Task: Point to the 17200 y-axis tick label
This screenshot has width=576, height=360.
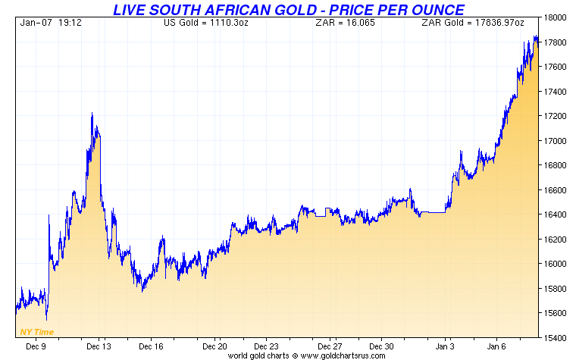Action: [559, 117]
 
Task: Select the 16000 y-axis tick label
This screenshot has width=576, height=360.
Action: [559, 265]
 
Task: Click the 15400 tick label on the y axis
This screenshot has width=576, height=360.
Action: [559, 338]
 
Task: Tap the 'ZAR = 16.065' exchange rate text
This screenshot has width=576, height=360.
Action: [335, 23]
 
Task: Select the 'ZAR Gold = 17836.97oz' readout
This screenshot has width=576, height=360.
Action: [473, 23]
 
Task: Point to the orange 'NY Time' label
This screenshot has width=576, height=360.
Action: [36, 332]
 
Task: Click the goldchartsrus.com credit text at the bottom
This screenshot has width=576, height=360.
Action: [306, 355]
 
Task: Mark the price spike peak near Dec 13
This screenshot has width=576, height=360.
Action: [92, 114]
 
